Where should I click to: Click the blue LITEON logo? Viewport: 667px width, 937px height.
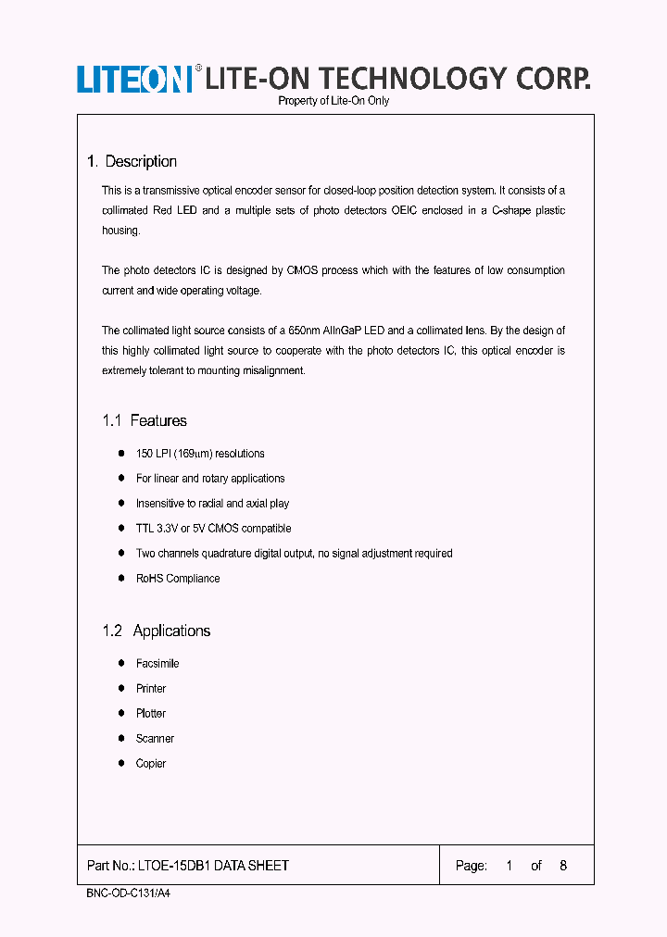click(x=133, y=80)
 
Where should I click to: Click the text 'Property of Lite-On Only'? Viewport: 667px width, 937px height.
click(x=333, y=101)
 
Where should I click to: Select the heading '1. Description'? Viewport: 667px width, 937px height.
click(x=132, y=161)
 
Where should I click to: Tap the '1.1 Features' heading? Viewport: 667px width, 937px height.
click(x=145, y=420)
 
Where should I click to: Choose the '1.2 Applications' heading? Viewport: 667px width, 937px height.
click(x=157, y=631)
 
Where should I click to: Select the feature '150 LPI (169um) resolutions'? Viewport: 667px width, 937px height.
click(x=200, y=454)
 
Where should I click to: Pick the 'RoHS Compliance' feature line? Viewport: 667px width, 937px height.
click(x=178, y=579)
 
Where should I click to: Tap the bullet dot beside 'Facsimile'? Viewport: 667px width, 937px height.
click(x=121, y=663)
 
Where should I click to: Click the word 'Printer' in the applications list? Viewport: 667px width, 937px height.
click(x=151, y=689)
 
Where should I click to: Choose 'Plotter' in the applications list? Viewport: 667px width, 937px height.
click(x=151, y=714)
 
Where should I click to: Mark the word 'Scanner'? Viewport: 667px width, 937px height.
click(x=155, y=739)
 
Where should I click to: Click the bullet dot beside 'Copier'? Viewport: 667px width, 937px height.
click(x=121, y=763)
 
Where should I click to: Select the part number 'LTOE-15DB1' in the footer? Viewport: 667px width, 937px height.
click(x=173, y=866)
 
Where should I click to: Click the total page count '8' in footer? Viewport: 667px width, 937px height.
click(x=563, y=866)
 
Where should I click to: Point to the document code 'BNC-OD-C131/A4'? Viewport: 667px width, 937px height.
click(x=120, y=896)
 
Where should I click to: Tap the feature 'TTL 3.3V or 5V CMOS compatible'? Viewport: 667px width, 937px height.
click(x=213, y=529)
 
